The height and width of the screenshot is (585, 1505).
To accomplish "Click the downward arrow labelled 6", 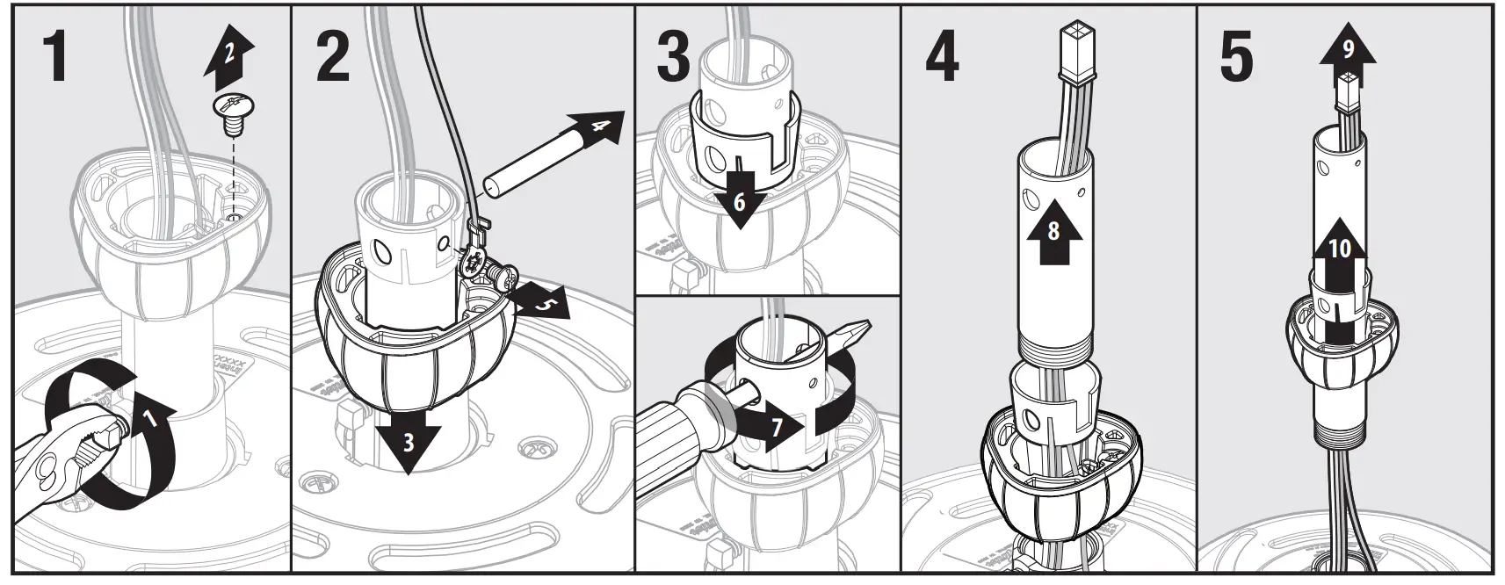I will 739,202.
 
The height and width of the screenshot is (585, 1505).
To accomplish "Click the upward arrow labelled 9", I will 1347,53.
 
